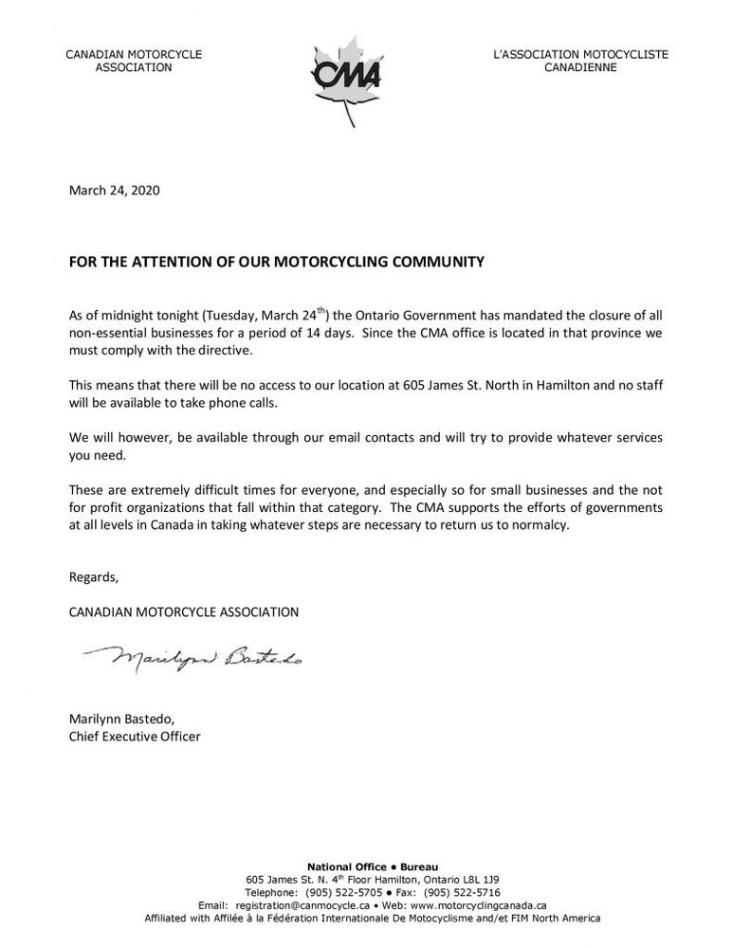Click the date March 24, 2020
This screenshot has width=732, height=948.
click(115, 191)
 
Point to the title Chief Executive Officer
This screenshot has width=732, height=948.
click(135, 736)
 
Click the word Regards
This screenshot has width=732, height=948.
click(94, 576)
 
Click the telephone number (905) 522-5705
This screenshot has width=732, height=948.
click(336, 892)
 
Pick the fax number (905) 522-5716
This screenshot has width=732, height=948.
click(462, 892)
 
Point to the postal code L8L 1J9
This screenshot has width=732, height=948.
click(478, 880)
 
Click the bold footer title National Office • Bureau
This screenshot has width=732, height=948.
click(366, 866)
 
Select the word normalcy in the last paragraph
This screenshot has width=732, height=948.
click(539, 526)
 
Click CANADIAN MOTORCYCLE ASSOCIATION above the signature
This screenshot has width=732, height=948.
click(184, 611)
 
